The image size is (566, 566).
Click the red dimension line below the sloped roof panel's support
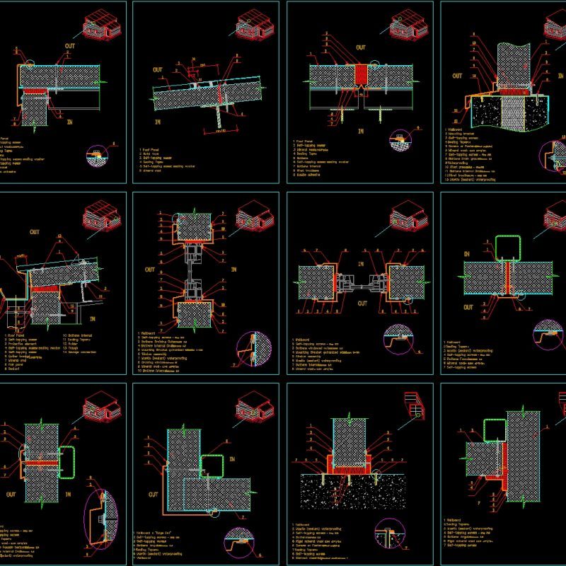220,130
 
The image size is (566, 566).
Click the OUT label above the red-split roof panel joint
361,47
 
